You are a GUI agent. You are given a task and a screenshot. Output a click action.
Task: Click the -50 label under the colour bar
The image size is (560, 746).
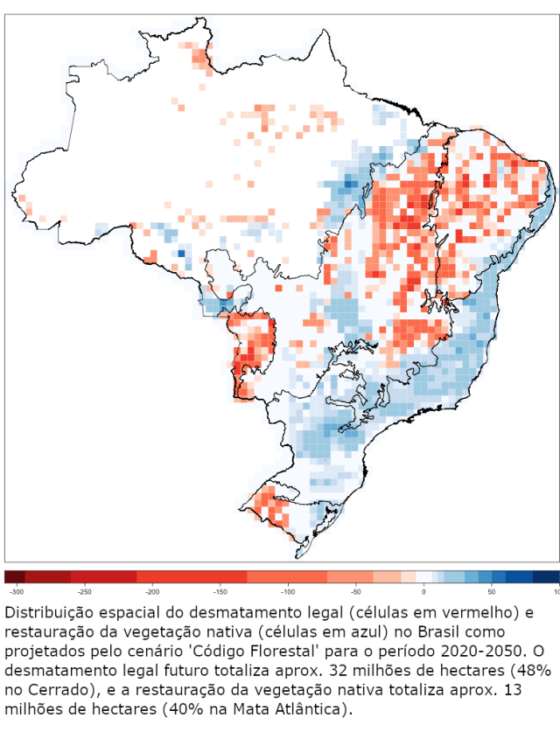[357, 592]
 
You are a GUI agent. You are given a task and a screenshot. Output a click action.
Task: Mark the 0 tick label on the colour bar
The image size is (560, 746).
[423, 592]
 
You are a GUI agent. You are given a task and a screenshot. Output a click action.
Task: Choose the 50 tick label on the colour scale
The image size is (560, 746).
[491, 592]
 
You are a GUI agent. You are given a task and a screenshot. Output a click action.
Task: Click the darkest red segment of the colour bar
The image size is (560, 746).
[15, 576]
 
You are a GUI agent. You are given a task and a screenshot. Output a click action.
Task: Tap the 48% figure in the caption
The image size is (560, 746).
[533, 670]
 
